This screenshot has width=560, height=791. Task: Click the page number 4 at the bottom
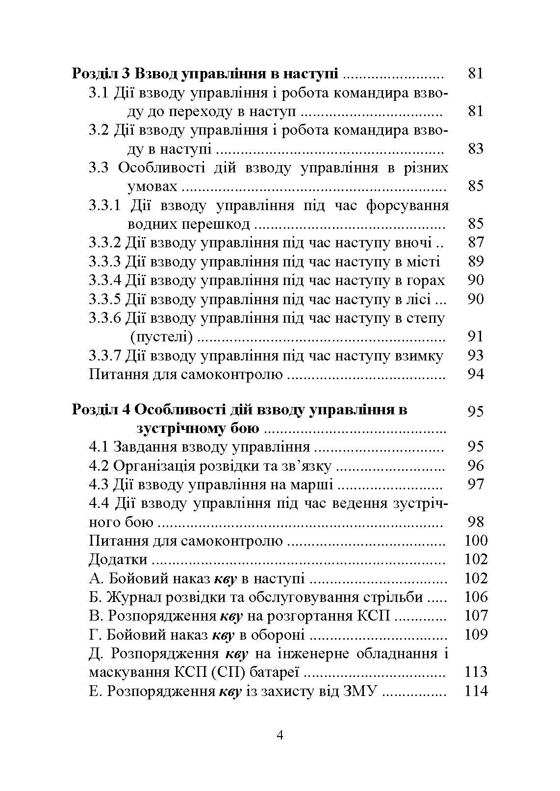280,736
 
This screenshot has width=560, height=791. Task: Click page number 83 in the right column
476,149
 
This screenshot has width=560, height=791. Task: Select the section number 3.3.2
104,243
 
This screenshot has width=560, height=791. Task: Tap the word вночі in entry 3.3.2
413,243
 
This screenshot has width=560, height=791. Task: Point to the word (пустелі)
162,337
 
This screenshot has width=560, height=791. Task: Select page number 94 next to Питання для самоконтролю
476,375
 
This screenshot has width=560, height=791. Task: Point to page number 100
476,541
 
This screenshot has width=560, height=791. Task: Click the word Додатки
118,559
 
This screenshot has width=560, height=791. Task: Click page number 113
476,672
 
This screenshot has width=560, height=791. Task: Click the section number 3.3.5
104,299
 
